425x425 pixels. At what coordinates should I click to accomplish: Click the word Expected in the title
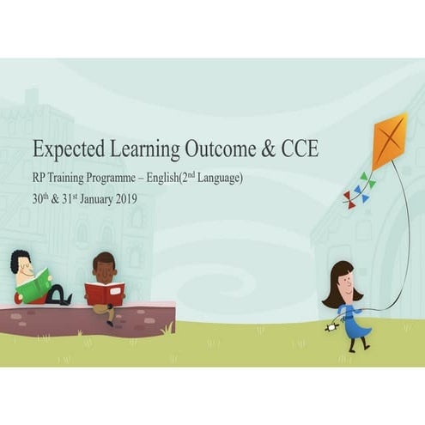pos(66,149)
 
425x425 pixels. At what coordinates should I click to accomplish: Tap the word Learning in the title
pos(141,149)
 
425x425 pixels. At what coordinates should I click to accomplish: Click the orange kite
pos(389,140)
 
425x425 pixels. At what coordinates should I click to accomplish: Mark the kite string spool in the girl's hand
pos(332,325)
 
